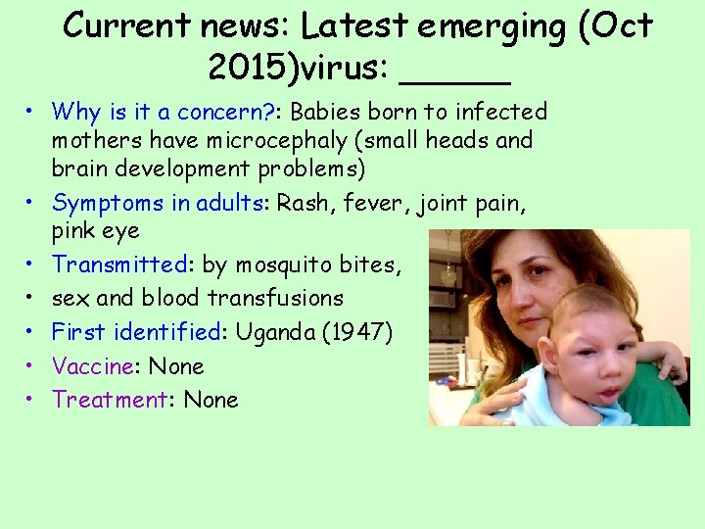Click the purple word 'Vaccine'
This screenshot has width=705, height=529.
pos(93,366)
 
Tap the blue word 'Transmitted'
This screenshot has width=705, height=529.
pos(119,264)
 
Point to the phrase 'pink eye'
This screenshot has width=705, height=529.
pos(95,231)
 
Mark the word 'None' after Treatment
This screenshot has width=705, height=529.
pos(211,400)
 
